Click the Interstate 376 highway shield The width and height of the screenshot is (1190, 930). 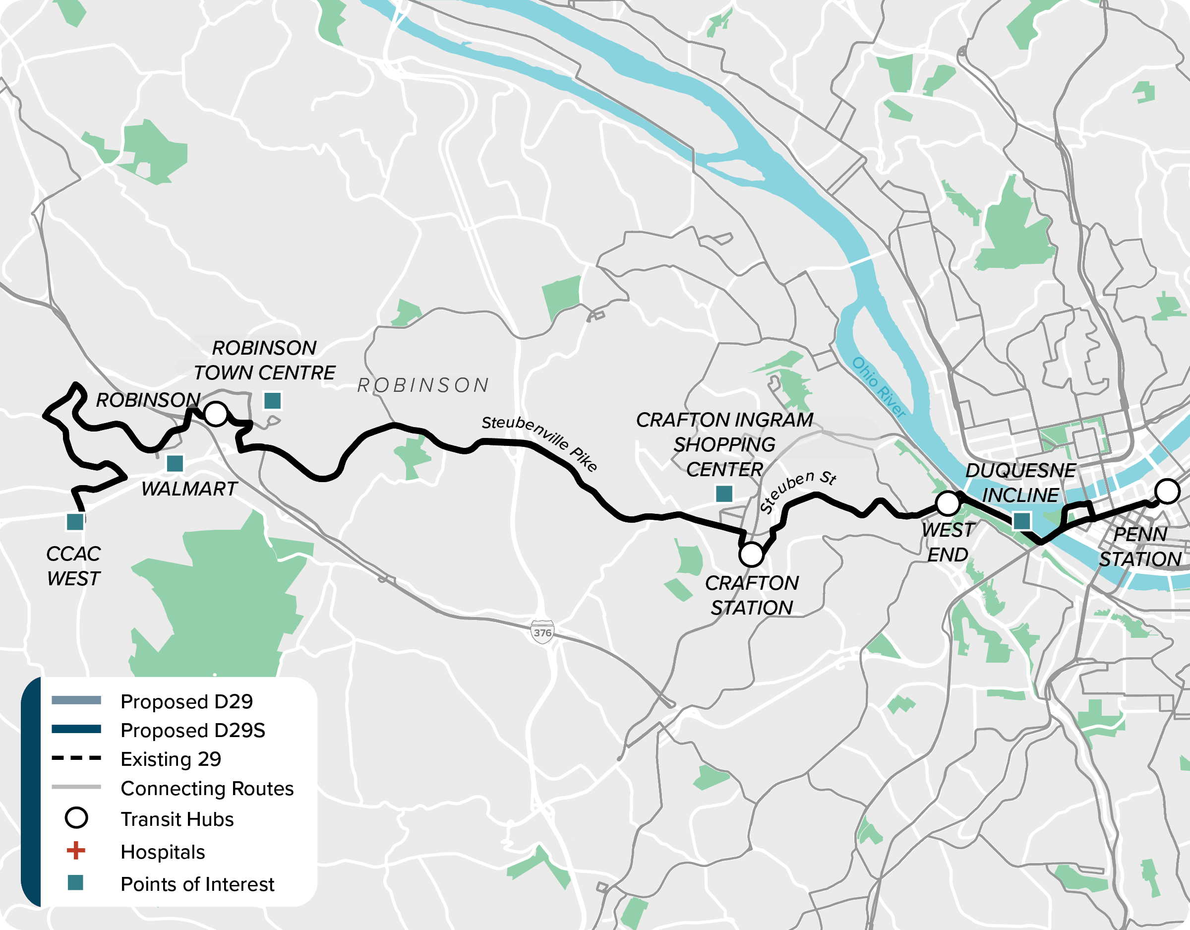click(x=542, y=632)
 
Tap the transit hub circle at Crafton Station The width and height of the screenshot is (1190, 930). click(x=751, y=555)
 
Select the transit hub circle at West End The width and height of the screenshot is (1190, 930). click(x=948, y=503)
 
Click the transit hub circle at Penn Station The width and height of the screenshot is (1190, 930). click(x=1168, y=491)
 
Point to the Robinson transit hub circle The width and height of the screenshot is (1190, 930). click(x=216, y=414)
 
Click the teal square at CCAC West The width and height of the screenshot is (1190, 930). click(x=75, y=522)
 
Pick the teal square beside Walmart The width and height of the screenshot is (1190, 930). click(x=175, y=464)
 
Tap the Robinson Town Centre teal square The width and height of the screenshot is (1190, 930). click(x=272, y=401)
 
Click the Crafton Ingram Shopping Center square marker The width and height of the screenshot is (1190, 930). click(x=724, y=494)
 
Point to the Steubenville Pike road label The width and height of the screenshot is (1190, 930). click(x=539, y=442)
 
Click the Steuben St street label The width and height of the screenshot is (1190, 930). click(x=798, y=491)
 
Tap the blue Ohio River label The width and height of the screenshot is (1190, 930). click(x=878, y=387)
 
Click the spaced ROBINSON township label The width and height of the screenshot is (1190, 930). click(x=423, y=385)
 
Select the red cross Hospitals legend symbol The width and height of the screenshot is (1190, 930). click(x=76, y=851)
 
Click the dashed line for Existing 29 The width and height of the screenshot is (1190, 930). click(x=76, y=758)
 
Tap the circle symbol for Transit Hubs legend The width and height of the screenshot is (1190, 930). click(x=76, y=818)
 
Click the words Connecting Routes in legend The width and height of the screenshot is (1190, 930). click(x=207, y=788)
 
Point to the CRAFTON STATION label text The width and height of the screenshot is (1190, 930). click(x=752, y=595)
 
